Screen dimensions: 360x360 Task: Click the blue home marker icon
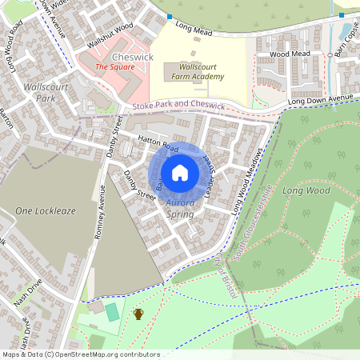coord(180,172)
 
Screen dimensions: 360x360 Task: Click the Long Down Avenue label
coord(319,99)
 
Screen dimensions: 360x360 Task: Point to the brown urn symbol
coord(138,314)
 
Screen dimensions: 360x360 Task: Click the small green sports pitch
coord(111,311)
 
